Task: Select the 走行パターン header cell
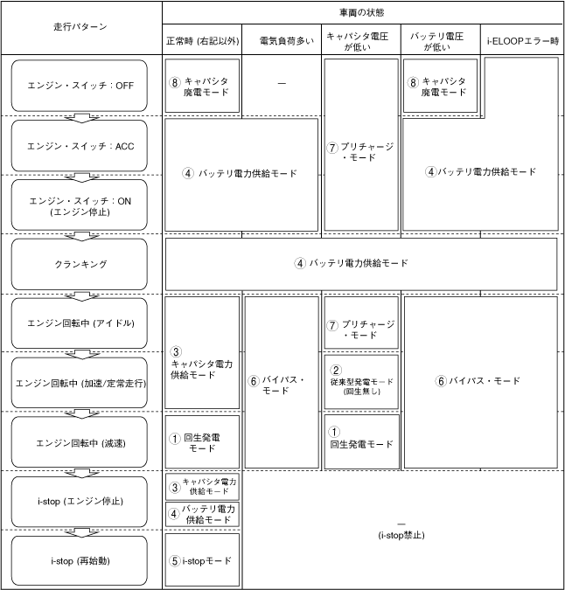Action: (x=80, y=26)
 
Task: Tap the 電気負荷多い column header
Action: (x=282, y=40)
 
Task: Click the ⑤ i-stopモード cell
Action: (x=202, y=559)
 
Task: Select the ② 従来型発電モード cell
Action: (x=361, y=381)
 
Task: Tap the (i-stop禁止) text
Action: (x=401, y=534)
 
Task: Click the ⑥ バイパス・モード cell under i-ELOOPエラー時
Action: (x=480, y=381)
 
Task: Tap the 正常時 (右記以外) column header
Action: (x=202, y=40)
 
